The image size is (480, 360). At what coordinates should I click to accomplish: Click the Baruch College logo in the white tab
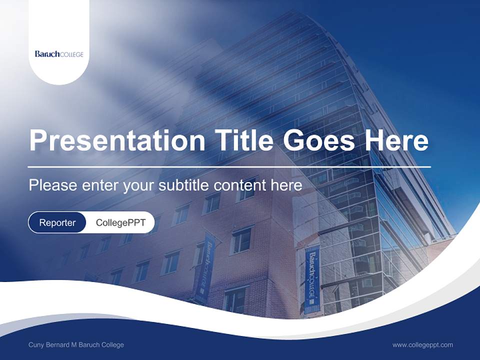click(x=59, y=54)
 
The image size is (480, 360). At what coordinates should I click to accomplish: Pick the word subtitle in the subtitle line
click(x=183, y=185)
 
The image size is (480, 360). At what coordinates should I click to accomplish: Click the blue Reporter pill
click(x=57, y=222)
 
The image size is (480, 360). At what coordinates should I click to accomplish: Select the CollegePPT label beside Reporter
click(x=120, y=222)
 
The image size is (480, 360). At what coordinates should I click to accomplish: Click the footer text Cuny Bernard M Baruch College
click(x=76, y=345)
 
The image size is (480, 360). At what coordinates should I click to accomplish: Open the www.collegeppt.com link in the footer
click(x=422, y=345)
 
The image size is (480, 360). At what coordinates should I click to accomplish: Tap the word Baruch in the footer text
click(x=93, y=345)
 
